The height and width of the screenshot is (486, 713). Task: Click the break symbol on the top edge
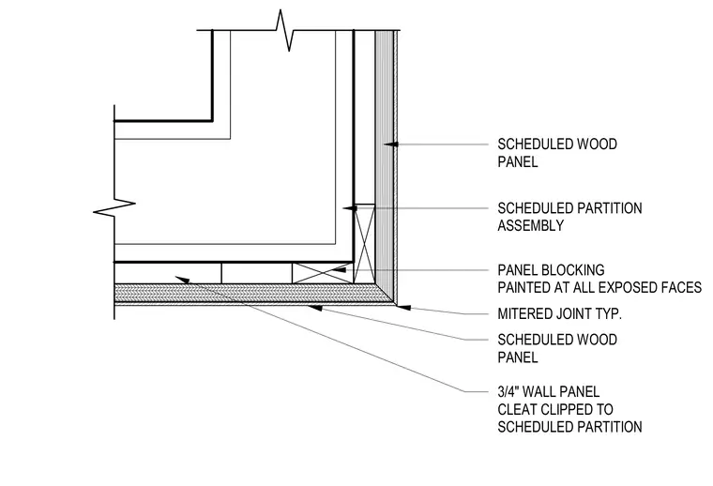pos(283,30)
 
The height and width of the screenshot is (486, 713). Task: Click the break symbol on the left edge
pos(114,206)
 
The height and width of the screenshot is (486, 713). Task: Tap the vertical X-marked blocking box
pos(364,244)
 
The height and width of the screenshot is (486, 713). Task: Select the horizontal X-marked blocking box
pos(323,273)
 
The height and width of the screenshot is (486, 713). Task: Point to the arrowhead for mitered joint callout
pos(403,308)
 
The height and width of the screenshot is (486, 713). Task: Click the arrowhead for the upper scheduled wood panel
pos(391,144)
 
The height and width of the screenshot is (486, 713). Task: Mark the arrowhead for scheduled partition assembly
pos(350,208)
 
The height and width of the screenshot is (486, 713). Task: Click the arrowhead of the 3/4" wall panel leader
pos(182,280)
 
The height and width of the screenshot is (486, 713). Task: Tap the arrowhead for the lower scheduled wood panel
pos(315,308)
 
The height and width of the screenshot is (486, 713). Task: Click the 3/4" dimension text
pos(508,391)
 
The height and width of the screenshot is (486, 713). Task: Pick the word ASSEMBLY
pos(531,225)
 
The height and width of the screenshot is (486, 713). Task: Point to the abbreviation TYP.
pos(609,313)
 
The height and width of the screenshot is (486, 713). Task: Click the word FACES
pos(683,287)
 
